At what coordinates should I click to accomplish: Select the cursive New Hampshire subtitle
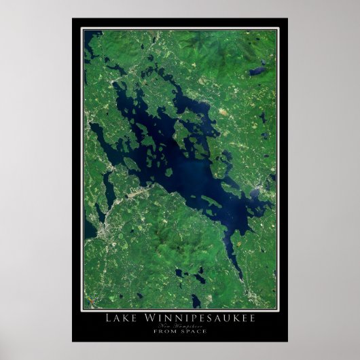[x=179, y=326]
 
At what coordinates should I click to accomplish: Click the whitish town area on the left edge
[x=95, y=231]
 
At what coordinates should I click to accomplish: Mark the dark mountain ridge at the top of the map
[x=197, y=41]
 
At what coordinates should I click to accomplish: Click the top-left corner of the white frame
[x=81, y=27]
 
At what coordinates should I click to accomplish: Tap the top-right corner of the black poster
[x=287, y=18]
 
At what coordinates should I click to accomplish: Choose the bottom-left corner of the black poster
[x=72, y=341]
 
